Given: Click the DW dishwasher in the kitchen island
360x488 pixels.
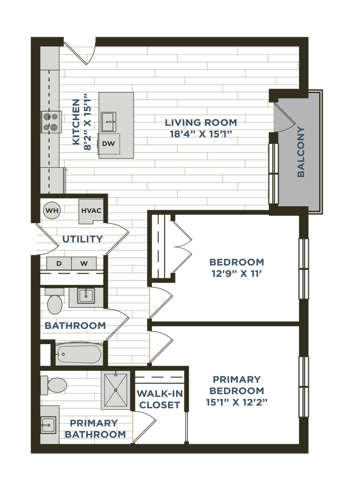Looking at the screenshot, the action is tap(109, 144).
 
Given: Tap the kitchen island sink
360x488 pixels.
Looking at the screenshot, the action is tap(108, 122).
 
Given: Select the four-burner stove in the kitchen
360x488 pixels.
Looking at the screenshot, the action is tap(51, 122).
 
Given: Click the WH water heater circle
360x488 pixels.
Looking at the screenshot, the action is tap(51, 211).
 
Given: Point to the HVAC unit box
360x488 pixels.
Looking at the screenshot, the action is tap(91, 211).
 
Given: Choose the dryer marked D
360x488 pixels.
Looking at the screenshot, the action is tap(59, 264).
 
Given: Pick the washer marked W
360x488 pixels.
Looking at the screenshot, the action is tap(84, 264).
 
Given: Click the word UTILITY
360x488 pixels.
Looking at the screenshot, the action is tap(82, 239).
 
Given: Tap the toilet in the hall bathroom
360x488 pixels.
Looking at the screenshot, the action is tap(54, 301).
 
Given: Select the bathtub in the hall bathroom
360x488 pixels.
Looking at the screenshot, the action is tap(79, 354).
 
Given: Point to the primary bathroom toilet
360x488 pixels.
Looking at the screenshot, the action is tap(53, 385).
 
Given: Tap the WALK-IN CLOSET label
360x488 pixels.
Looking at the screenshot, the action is tap(159, 399).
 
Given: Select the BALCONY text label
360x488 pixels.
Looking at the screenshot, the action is tap(300, 152).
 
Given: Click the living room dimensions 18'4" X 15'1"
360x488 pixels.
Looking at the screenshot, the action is tap(201, 134).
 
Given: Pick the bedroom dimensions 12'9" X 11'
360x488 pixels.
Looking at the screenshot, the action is tap(237, 274).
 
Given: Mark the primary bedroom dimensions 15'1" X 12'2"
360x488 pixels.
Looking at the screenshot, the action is tap(237, 402).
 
